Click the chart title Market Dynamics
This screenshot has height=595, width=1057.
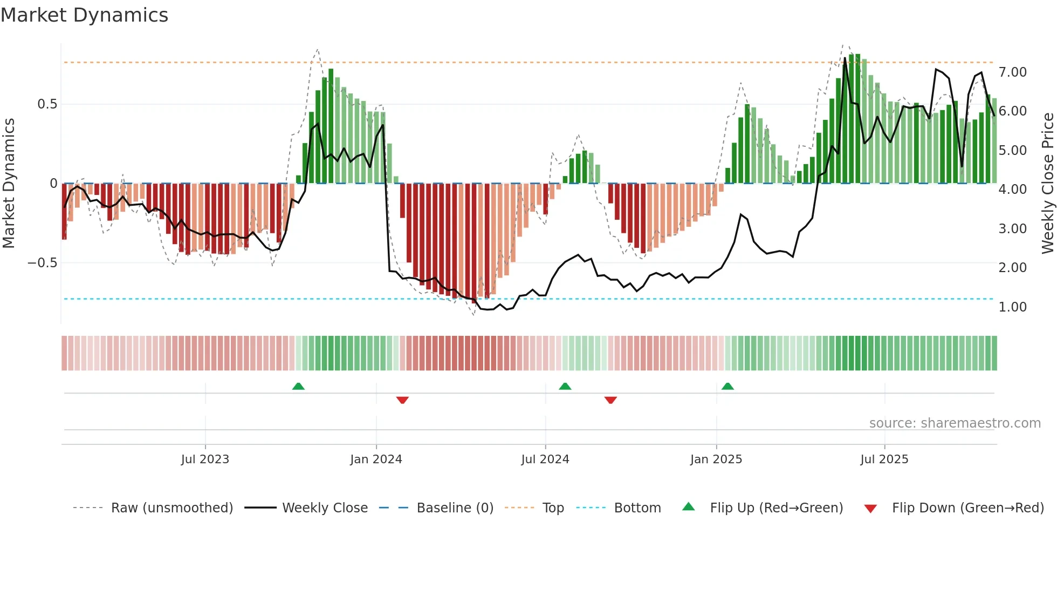(84, 15)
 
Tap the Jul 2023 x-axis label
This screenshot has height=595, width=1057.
(205, 459)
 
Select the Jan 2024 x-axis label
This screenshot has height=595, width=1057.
(376, 459)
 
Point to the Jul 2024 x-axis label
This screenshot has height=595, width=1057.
(545, 459)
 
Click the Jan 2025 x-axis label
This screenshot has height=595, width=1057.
(716, 459)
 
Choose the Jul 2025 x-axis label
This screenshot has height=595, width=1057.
(884, 459)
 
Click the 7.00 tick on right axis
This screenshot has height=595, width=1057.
(1012, 72)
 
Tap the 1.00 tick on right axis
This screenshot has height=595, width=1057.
(1012, 307)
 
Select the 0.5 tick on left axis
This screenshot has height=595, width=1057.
(47, 104)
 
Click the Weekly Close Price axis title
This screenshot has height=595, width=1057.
(1047, 182)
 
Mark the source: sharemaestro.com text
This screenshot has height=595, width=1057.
(955, 423)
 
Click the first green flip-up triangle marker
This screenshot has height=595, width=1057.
(298, 386)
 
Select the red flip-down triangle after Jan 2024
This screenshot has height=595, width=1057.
(402, 400)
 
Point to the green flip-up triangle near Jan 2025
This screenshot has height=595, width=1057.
(727, 386)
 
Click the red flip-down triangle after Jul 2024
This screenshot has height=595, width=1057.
(610, 400)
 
